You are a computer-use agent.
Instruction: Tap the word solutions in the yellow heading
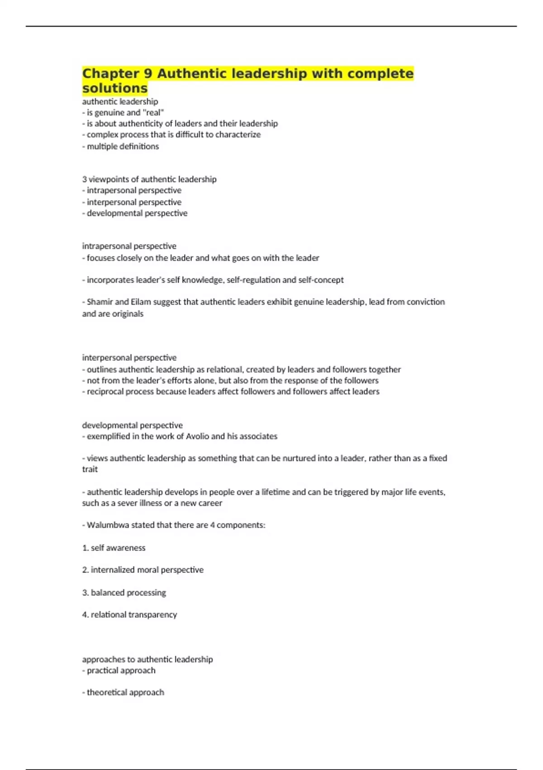(x=115, y=88)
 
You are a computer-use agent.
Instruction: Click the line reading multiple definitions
(x=122, y=146)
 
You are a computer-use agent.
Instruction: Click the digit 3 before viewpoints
(x=85, y=179)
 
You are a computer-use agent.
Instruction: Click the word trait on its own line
(x=90, y=469)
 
